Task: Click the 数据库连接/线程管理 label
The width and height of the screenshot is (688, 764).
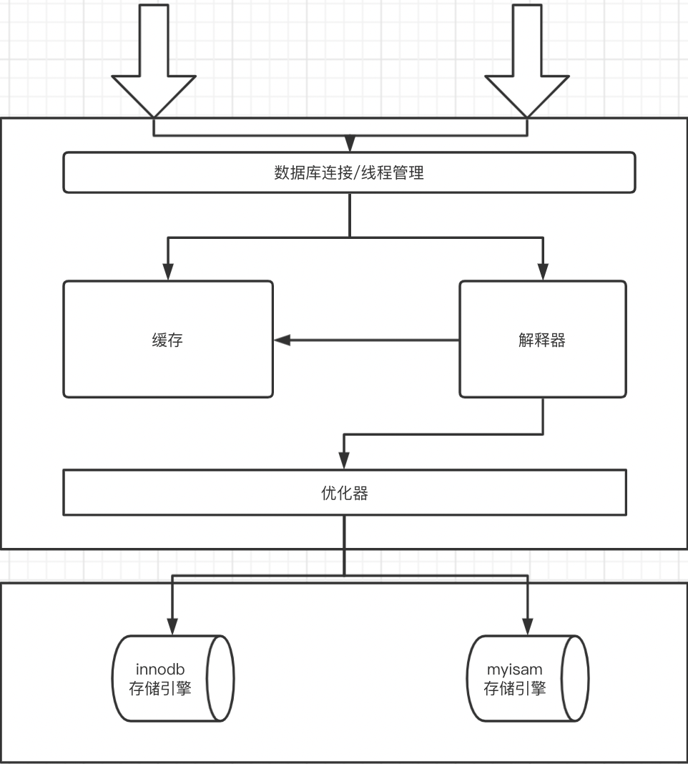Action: click(349, 173)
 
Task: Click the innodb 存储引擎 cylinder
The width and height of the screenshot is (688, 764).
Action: click(174, 678)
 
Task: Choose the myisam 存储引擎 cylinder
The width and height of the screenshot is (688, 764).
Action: click(528, 678)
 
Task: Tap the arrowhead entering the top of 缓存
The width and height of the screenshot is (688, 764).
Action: click(168, 273)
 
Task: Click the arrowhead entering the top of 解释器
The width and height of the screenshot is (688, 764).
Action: click(543, 273)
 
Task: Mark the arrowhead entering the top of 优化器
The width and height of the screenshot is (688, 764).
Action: click(344, 461)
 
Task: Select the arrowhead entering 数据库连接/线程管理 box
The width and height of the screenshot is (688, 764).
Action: click(349, 145)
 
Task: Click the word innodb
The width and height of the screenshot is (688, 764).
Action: click(160, 670)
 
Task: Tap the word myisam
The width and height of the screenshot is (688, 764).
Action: click(514, 670)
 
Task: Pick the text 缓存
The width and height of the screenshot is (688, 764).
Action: click(168, 341)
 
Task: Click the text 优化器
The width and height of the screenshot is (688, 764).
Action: click(344, 493)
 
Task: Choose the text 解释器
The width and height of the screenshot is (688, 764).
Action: click(542, 341)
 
